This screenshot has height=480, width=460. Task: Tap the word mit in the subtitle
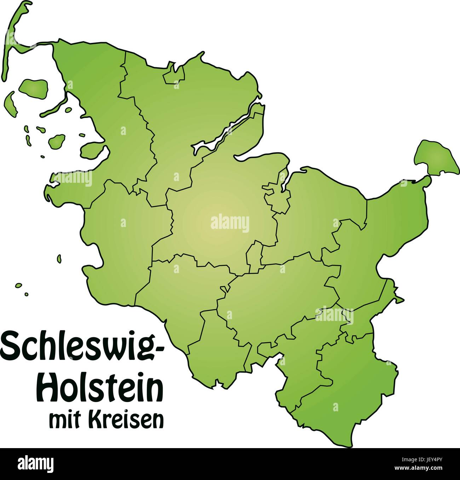point(64,420)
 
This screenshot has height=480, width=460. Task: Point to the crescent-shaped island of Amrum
point(10,103)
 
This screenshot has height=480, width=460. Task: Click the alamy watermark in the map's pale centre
point(230,224)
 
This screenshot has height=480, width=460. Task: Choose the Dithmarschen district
point(120,241)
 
